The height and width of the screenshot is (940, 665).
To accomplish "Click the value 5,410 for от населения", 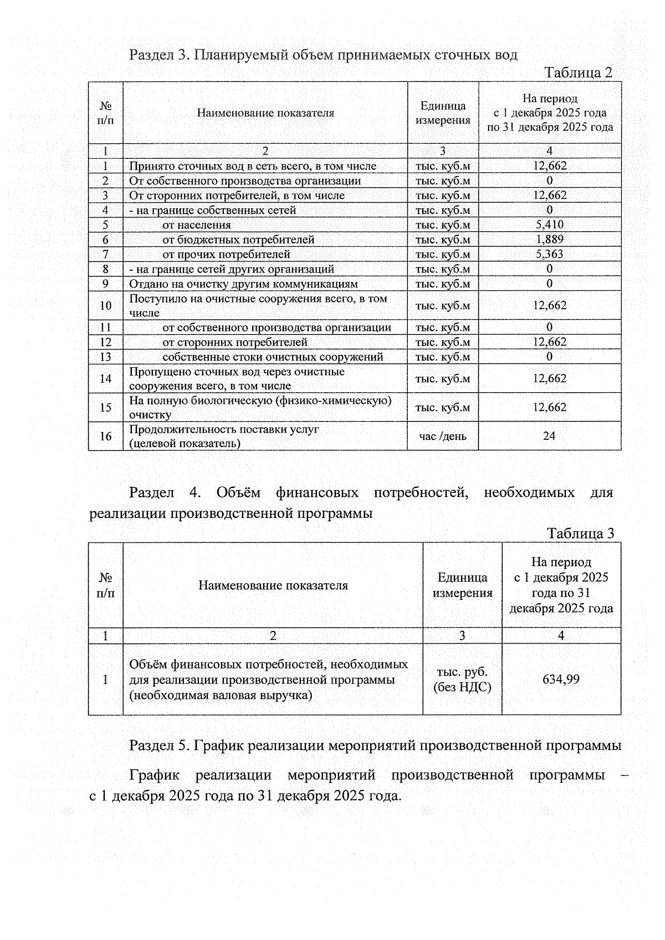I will click(549, 225).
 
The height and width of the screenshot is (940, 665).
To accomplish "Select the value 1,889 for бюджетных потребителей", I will click(549, 239).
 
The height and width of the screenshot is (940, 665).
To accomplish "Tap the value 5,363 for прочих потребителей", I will click(549, 254).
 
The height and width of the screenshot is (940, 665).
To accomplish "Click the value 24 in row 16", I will click(549, 436).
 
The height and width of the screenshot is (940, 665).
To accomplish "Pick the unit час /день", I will click(443, 436).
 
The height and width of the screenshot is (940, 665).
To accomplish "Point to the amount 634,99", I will click(561, 679).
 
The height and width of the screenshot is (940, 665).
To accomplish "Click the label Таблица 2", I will click(579, 73).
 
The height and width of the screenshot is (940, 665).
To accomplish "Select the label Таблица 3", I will click(580, 533).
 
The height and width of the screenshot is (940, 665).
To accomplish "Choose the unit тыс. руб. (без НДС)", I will click(462, 680).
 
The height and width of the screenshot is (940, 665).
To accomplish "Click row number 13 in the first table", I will click(105, 357).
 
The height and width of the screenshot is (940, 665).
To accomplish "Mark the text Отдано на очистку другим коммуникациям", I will click(243, 284).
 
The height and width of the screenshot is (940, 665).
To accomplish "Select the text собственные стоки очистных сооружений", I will click(273, 357).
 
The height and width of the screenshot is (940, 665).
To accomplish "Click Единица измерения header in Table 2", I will click(443, 112).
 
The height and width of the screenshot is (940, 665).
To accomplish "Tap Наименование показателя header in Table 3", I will click(273, 585).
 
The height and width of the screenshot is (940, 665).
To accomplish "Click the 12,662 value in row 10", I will click(549, 306).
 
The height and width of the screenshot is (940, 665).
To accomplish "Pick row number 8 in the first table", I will click(105, 269).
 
